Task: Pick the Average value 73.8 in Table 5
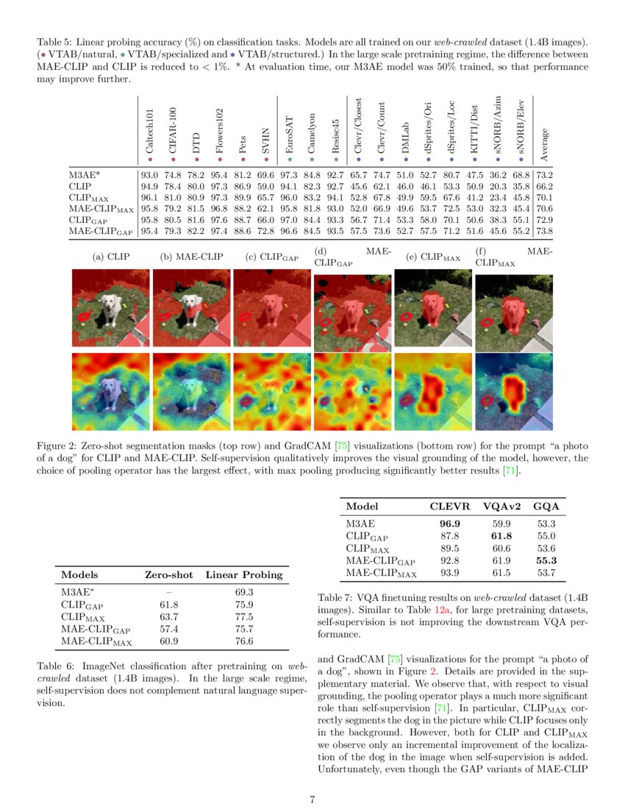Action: click(545, 232)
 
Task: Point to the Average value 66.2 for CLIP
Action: click(545, 187)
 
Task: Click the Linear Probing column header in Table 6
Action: click(243, 575)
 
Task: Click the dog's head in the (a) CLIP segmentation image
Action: click(111, 302)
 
